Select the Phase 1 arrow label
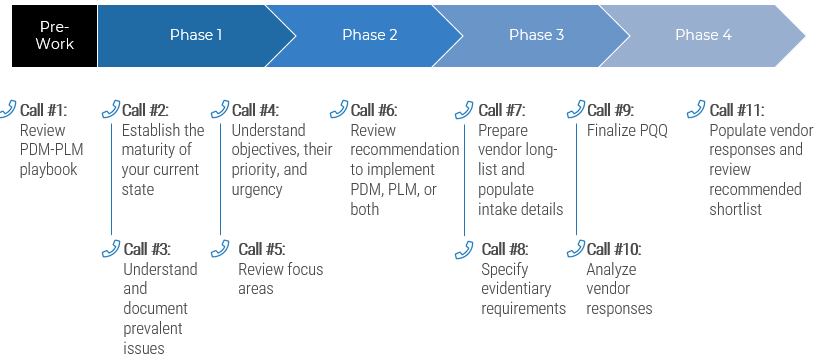coord(196,35)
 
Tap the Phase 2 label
coord(370,35)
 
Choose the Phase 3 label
coord(536,35)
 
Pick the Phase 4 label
coord(703,35)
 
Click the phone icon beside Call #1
coord(9,109)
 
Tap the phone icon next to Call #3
coord(111,249)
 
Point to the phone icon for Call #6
coord(339,109)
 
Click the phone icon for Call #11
coord(697,109)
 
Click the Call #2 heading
coord(145,110)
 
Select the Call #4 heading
coord(255,110)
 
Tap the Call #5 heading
coord(261,250)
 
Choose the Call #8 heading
coord(505,250)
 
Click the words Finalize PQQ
coord(627,130)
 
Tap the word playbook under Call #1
coord(48,170)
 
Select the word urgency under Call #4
coord(257,190)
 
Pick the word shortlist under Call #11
coord(736,210)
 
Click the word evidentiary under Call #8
coord(516,289)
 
